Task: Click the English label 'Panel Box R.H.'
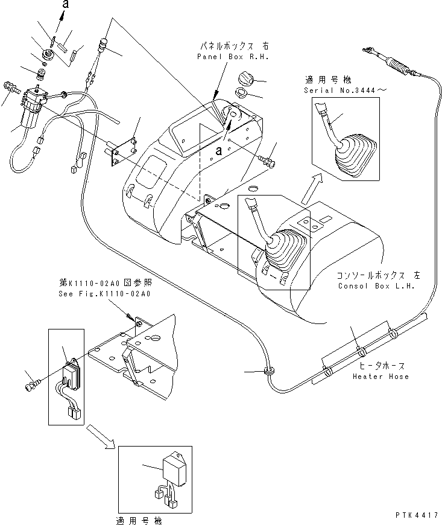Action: point(232,56)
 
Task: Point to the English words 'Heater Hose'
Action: point(382,377)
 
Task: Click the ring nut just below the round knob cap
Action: point(241,94)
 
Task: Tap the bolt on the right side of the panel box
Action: point(267,161)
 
